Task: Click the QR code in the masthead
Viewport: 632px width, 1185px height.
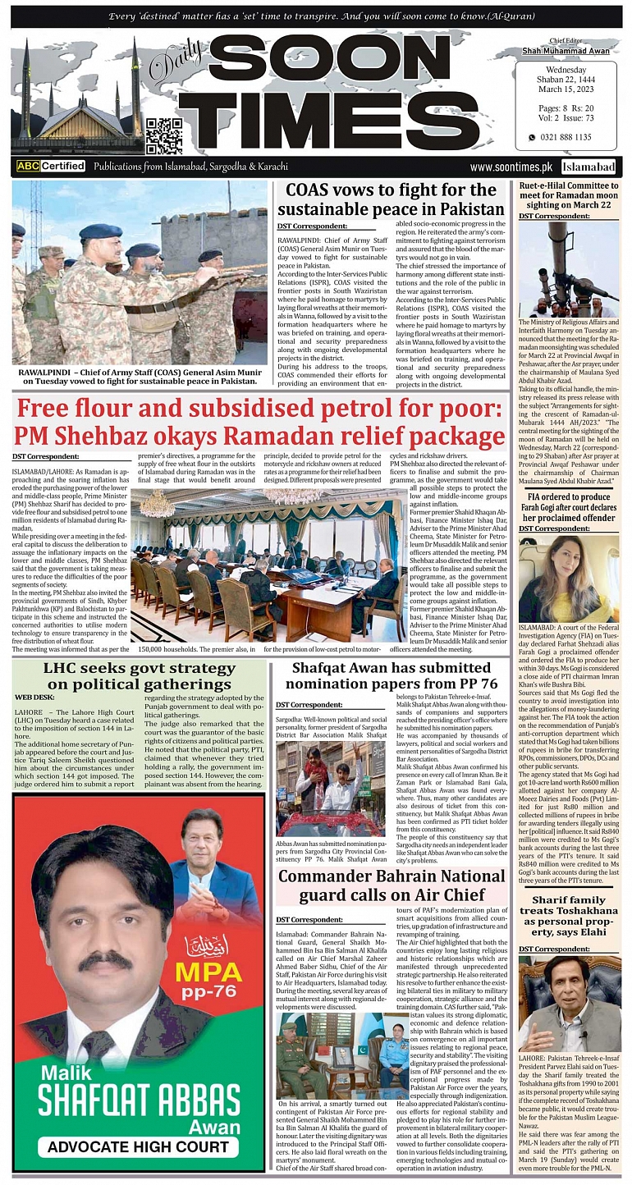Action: point(164,135)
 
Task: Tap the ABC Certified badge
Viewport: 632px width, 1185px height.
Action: point(51,166)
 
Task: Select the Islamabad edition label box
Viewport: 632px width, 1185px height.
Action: point(589,167)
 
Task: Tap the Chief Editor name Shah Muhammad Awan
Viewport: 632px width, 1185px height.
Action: point(566,51)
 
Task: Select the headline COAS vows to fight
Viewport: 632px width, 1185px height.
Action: point(393,199)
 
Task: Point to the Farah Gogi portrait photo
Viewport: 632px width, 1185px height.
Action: point(568,579)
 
